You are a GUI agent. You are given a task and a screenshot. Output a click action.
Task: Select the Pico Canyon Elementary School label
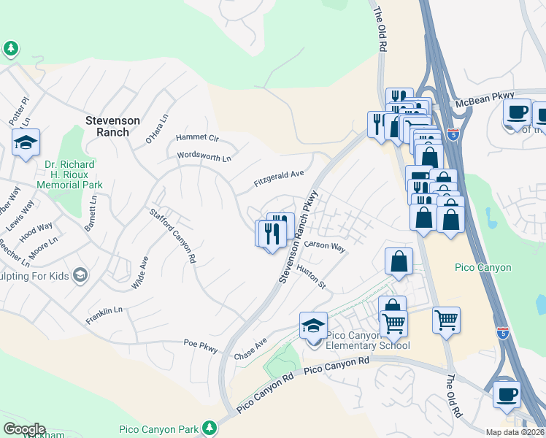pyautogui.click(x=368, y=340)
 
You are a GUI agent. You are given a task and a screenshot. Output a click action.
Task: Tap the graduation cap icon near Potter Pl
pyautogui.click(x=26, y=143)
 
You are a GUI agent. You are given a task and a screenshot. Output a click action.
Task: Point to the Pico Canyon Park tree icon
pyautogui.click(x=210, y=426)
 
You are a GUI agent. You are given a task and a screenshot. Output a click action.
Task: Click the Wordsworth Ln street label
pyautogui.click(x=204, y=156)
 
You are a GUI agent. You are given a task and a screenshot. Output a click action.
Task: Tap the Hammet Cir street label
pyautogui.click(x=197, y=137)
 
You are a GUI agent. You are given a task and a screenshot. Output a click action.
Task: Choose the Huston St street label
pyautogui.click(x=311, y=277)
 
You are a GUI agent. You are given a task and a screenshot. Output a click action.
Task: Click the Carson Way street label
pyautogui.click(x=325, y=246)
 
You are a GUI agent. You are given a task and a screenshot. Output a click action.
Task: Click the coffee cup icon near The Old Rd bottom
pyautogui.click(x=507, y=393)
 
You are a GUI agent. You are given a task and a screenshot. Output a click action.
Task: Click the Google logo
pyautogui.click(x=24, y=429)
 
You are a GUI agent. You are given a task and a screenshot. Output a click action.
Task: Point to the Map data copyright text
pyautogui.click(x=515, y=432)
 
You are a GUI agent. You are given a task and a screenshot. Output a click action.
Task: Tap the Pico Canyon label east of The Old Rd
pyautogui.click(x=483, y=268)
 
